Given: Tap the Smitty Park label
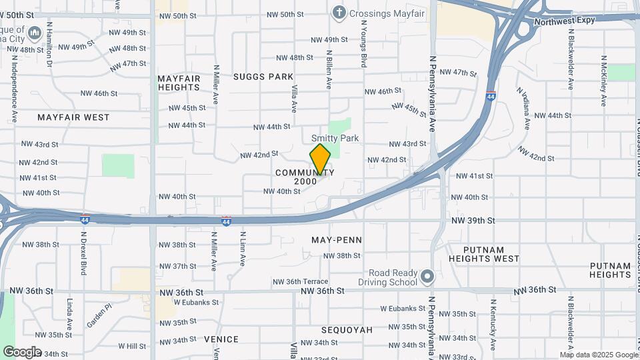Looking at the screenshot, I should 335,138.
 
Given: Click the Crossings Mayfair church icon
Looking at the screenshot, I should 339,13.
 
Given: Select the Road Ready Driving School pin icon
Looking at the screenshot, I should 427,276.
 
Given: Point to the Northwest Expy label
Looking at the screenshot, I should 564,21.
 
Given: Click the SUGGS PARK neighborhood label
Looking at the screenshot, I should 263,77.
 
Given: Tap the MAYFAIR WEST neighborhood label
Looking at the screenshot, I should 73,117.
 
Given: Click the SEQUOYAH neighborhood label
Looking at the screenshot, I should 347,330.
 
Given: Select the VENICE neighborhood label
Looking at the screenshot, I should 221,339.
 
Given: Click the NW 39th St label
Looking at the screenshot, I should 473,220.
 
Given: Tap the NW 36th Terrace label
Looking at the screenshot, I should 300,282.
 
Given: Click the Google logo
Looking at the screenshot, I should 22,351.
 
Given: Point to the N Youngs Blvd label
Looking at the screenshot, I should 364,43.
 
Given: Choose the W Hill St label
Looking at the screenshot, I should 132,346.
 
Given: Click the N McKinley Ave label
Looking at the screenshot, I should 603,81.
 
